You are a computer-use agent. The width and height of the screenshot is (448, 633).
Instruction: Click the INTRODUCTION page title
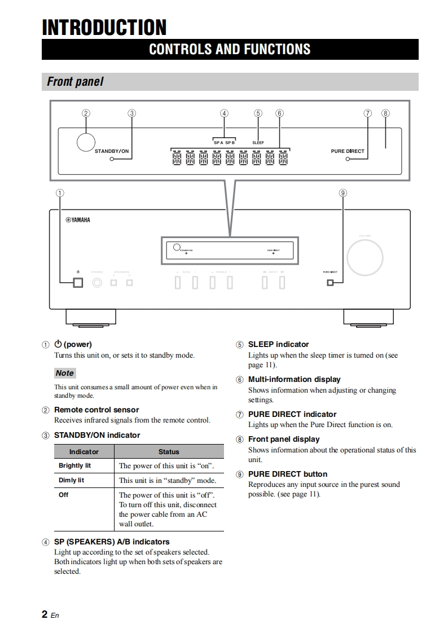pos(104,27)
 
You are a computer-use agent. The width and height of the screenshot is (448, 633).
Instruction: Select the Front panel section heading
pos(75,82)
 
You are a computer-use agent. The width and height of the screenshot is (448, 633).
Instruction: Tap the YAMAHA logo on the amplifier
pos(77,220)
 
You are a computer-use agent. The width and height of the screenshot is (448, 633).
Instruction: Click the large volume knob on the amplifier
pos(364,256)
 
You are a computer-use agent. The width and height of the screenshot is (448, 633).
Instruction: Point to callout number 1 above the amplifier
pos(60,193)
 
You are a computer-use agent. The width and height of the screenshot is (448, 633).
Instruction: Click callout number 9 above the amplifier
pos(342,193)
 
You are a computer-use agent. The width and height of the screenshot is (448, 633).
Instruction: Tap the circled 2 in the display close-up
pos(86,113)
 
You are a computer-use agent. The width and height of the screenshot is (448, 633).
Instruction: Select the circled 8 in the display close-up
pos(385,113)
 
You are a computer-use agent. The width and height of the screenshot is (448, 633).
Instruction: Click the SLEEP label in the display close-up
pos(258,143)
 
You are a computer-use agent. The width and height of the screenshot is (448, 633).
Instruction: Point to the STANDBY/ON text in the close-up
pos(112,151)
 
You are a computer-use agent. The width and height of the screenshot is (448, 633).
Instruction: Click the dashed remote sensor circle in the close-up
pos(86,141)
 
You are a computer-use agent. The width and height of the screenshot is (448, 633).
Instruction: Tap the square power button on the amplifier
pos(77,282)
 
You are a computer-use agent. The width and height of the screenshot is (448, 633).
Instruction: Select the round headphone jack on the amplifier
pos(98,282)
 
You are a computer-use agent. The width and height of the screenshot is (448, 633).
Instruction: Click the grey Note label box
pos(65,373)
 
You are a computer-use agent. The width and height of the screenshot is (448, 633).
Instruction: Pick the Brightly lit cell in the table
pos(74,466)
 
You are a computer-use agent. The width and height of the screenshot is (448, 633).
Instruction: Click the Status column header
pos(169,452)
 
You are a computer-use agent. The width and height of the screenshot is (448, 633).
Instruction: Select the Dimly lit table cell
pos(72,481)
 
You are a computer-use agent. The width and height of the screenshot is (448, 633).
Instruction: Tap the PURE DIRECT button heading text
pos(288,474)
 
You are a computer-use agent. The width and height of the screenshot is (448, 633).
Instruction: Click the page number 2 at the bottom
pos(45,614)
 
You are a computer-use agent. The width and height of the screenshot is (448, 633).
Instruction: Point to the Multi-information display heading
pos(295,379)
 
